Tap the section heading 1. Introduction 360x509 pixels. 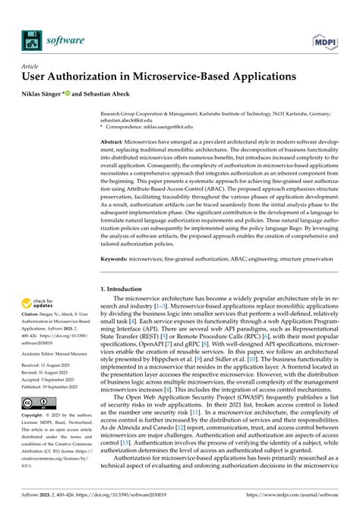[x=125, y=289]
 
